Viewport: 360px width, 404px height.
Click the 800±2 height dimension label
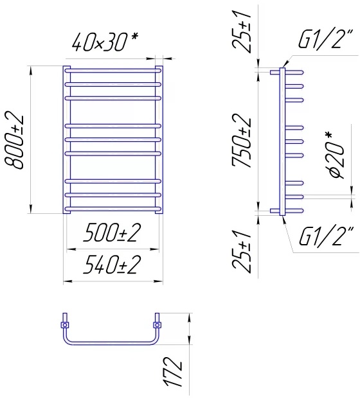point(14,141)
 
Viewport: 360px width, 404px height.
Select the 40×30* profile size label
point(105,42)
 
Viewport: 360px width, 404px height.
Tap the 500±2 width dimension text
point(112,233)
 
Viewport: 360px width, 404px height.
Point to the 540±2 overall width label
point(112,265)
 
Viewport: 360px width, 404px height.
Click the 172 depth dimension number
point(173,371)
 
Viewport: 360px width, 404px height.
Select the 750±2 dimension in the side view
point(241,141)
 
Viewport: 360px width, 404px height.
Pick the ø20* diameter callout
point(337,155)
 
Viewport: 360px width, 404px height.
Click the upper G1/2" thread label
point(325,39)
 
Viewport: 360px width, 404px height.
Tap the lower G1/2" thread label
point(325,236)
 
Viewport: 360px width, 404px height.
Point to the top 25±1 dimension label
point(241,32)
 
